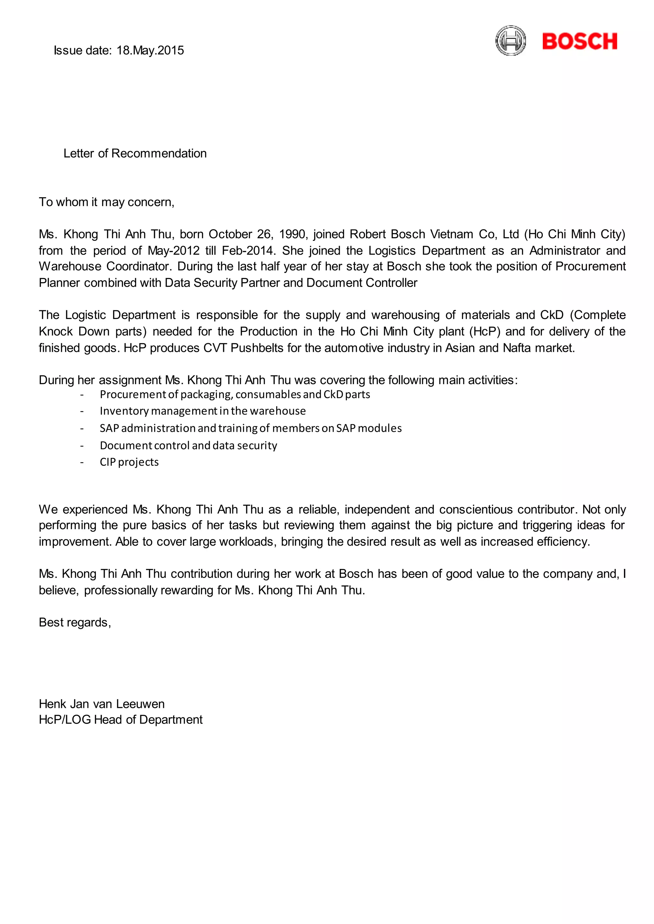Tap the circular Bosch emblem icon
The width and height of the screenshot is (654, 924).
(x=510, y=41)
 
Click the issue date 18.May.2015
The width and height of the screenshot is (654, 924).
(x=150, y=50)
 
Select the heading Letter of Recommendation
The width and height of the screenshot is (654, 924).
(x=135, y=153)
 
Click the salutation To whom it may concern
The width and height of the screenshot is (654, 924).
(x=106, y=202)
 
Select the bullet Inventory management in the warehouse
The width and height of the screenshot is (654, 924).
(x=202, y=411)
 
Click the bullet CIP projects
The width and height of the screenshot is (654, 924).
(x=129, y=462)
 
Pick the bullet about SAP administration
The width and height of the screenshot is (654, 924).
(x=250, y=428)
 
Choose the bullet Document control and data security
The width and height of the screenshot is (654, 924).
(x=188, y=446)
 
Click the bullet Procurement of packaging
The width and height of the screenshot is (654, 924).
(x=235, y=395)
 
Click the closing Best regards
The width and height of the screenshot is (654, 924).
(x=74, y=623)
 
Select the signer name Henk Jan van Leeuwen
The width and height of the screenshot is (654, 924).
(x=102, y=704)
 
